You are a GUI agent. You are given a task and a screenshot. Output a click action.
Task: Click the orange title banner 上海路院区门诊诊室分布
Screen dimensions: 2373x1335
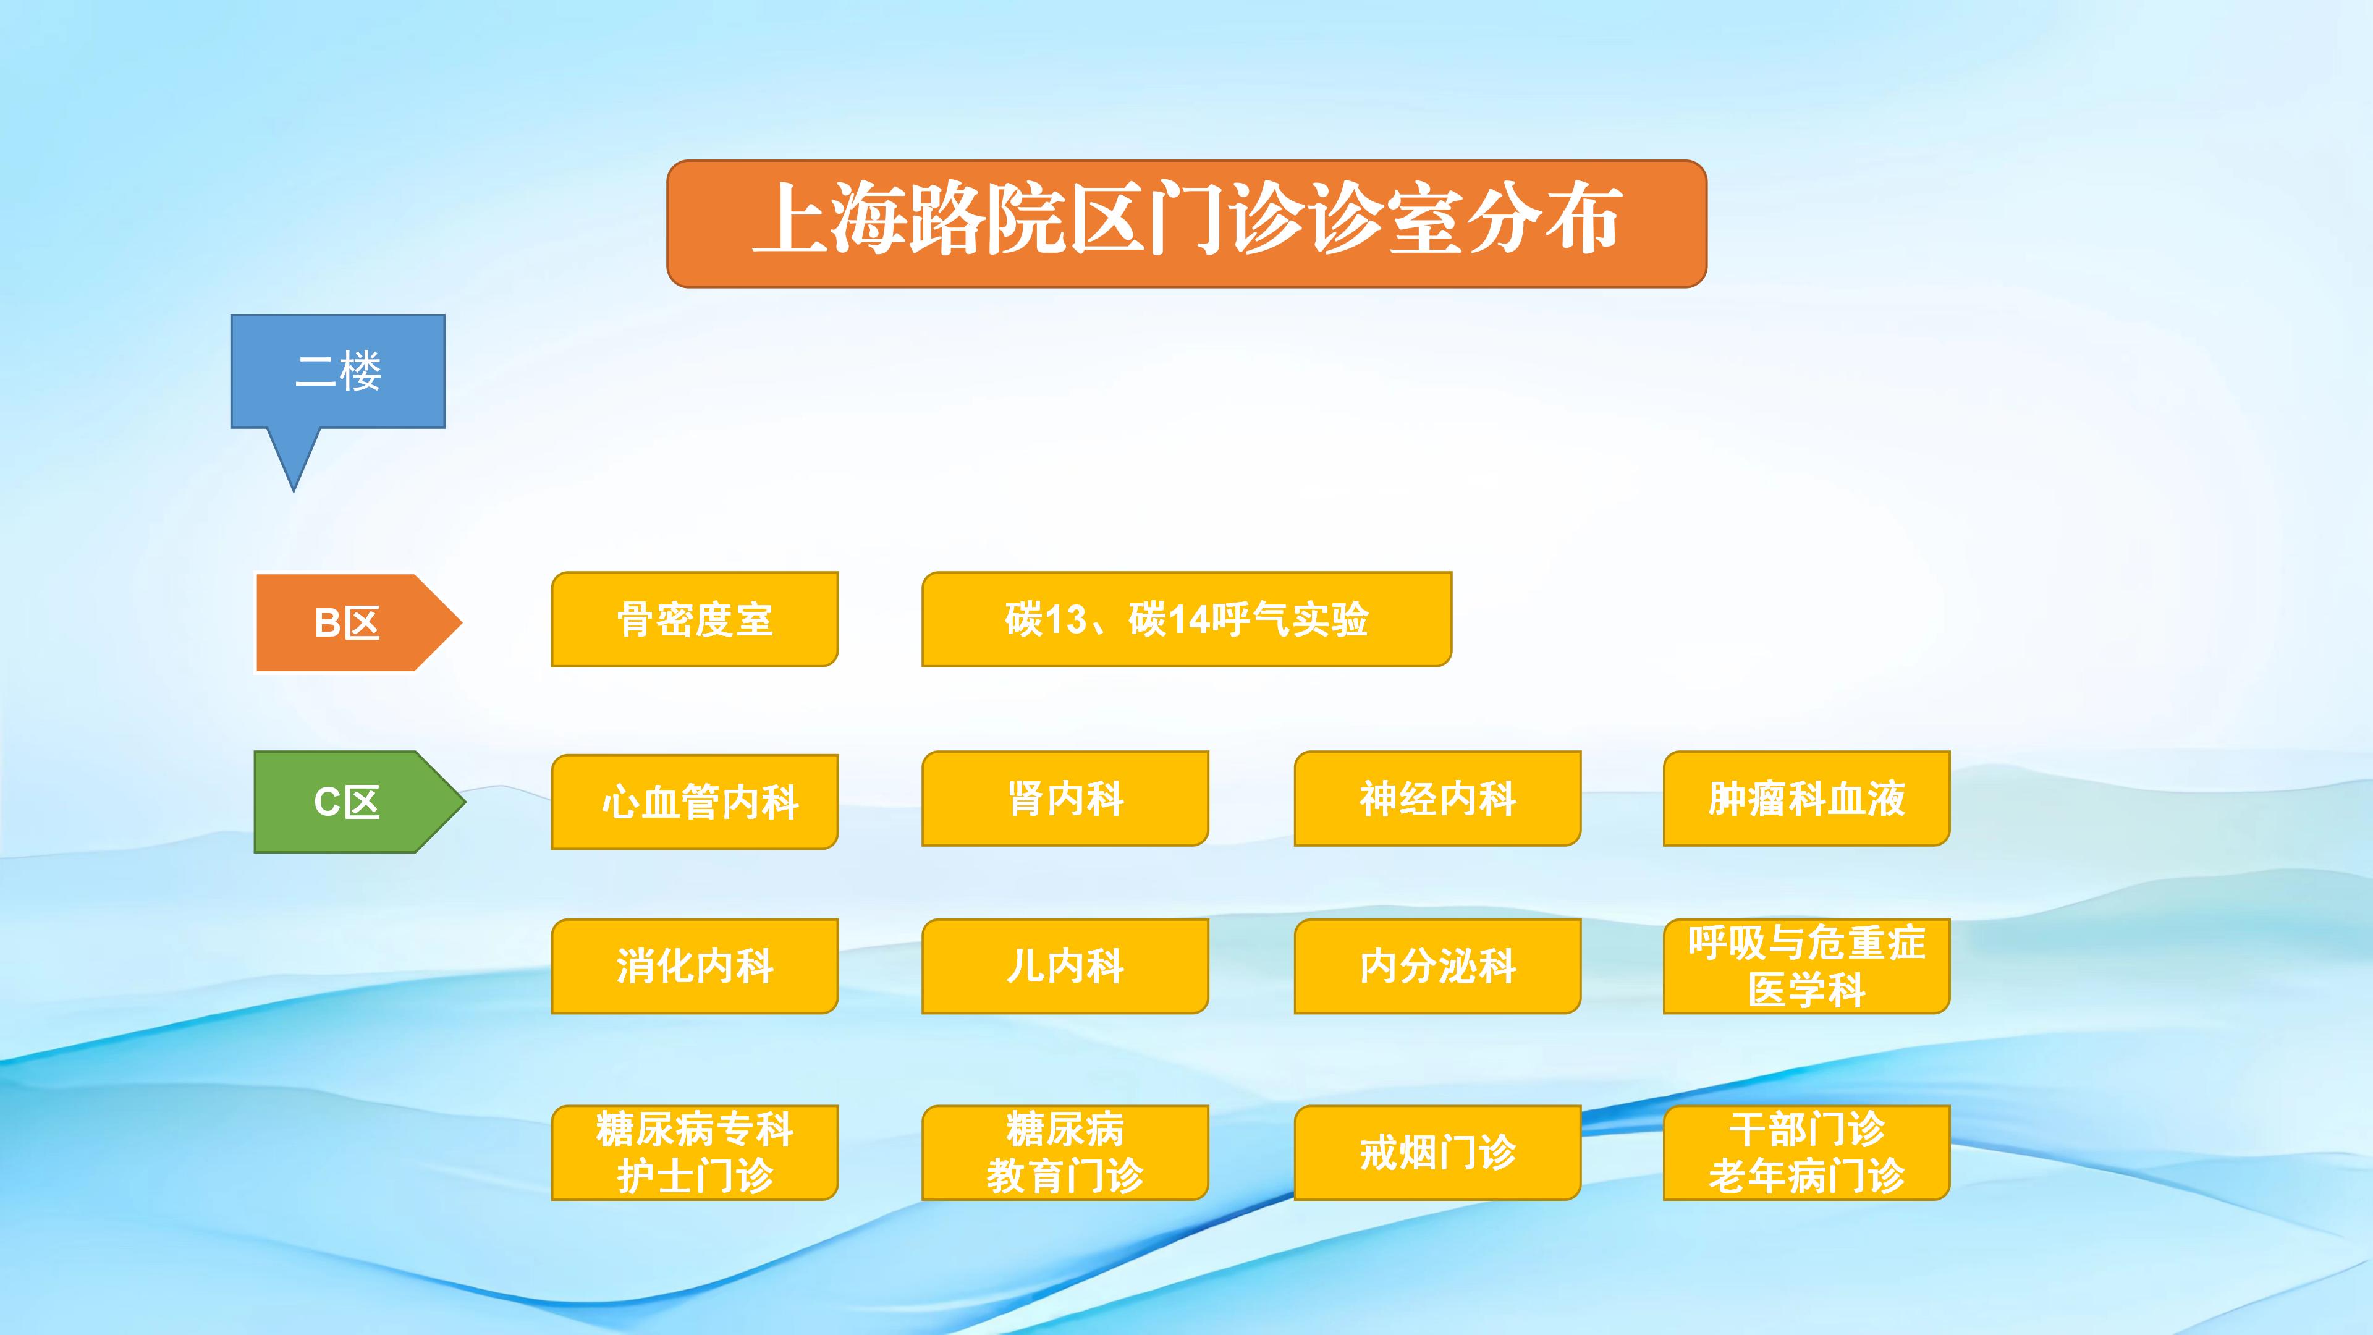[x=1186, y=224]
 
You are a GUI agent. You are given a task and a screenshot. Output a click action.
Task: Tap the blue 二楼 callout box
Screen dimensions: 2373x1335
[x=338, y=371]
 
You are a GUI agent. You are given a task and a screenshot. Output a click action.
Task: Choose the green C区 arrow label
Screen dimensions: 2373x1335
[x=359, y=802]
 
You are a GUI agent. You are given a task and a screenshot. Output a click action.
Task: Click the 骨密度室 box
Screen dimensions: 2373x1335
[x=695, y=619]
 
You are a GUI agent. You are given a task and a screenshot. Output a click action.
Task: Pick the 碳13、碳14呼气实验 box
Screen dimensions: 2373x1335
[x=1186, y=619]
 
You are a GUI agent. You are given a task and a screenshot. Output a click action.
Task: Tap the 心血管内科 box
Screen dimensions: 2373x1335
[x=695, y=802]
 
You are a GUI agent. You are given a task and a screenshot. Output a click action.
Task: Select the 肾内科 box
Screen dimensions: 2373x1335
[x=1065, y=799]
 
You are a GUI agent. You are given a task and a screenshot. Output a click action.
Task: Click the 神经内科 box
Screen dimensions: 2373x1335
[x=1437, y=799]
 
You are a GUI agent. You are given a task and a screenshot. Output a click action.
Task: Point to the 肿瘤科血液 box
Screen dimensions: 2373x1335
[x=1806, y=799]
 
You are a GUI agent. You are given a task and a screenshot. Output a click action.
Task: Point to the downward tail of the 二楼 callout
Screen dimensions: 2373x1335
[x=294, y=491]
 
